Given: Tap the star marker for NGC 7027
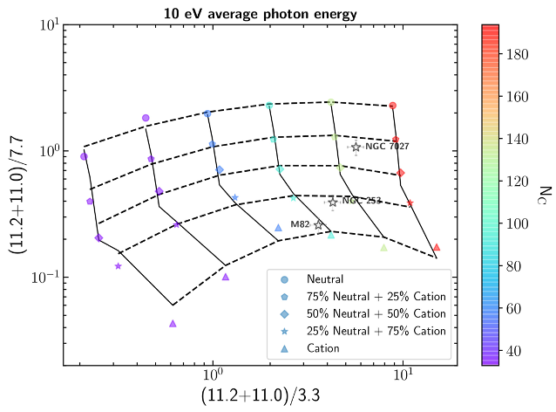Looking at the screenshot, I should (x=356, y=147).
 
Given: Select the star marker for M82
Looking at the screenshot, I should (x=318, y=224).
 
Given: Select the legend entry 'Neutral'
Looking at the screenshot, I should (x=324, y=279).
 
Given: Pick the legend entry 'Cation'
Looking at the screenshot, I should (x=322, y=348).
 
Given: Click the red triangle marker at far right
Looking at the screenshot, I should (x=437, y=247).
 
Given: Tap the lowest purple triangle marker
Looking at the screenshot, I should (x=173, y=323).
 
